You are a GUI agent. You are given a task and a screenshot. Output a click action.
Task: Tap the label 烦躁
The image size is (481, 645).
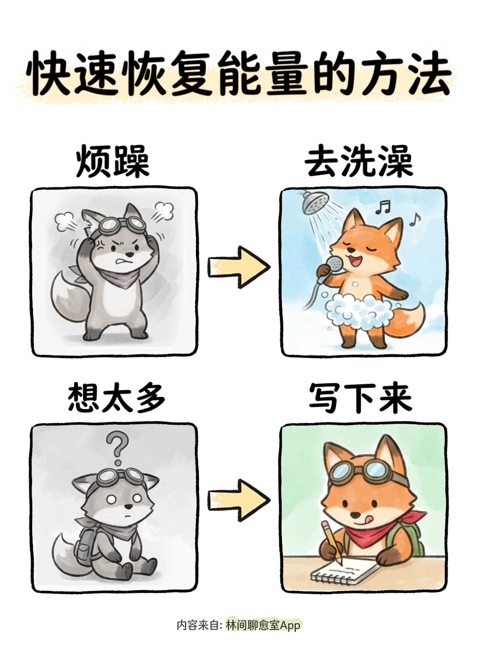pos(113,162)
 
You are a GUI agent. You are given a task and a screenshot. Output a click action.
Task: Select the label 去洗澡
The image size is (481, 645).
pos(359,162)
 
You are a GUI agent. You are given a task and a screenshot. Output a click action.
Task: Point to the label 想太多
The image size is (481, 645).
pos(116,398)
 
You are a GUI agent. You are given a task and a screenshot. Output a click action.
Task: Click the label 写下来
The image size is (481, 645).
pos(360,398)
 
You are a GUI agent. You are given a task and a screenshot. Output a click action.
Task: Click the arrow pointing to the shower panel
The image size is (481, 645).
pos(239,266)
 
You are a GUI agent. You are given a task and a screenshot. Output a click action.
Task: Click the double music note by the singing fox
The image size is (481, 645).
pos(382,206)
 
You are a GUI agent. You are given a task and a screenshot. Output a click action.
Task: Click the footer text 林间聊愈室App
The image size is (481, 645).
pos(263,625)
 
